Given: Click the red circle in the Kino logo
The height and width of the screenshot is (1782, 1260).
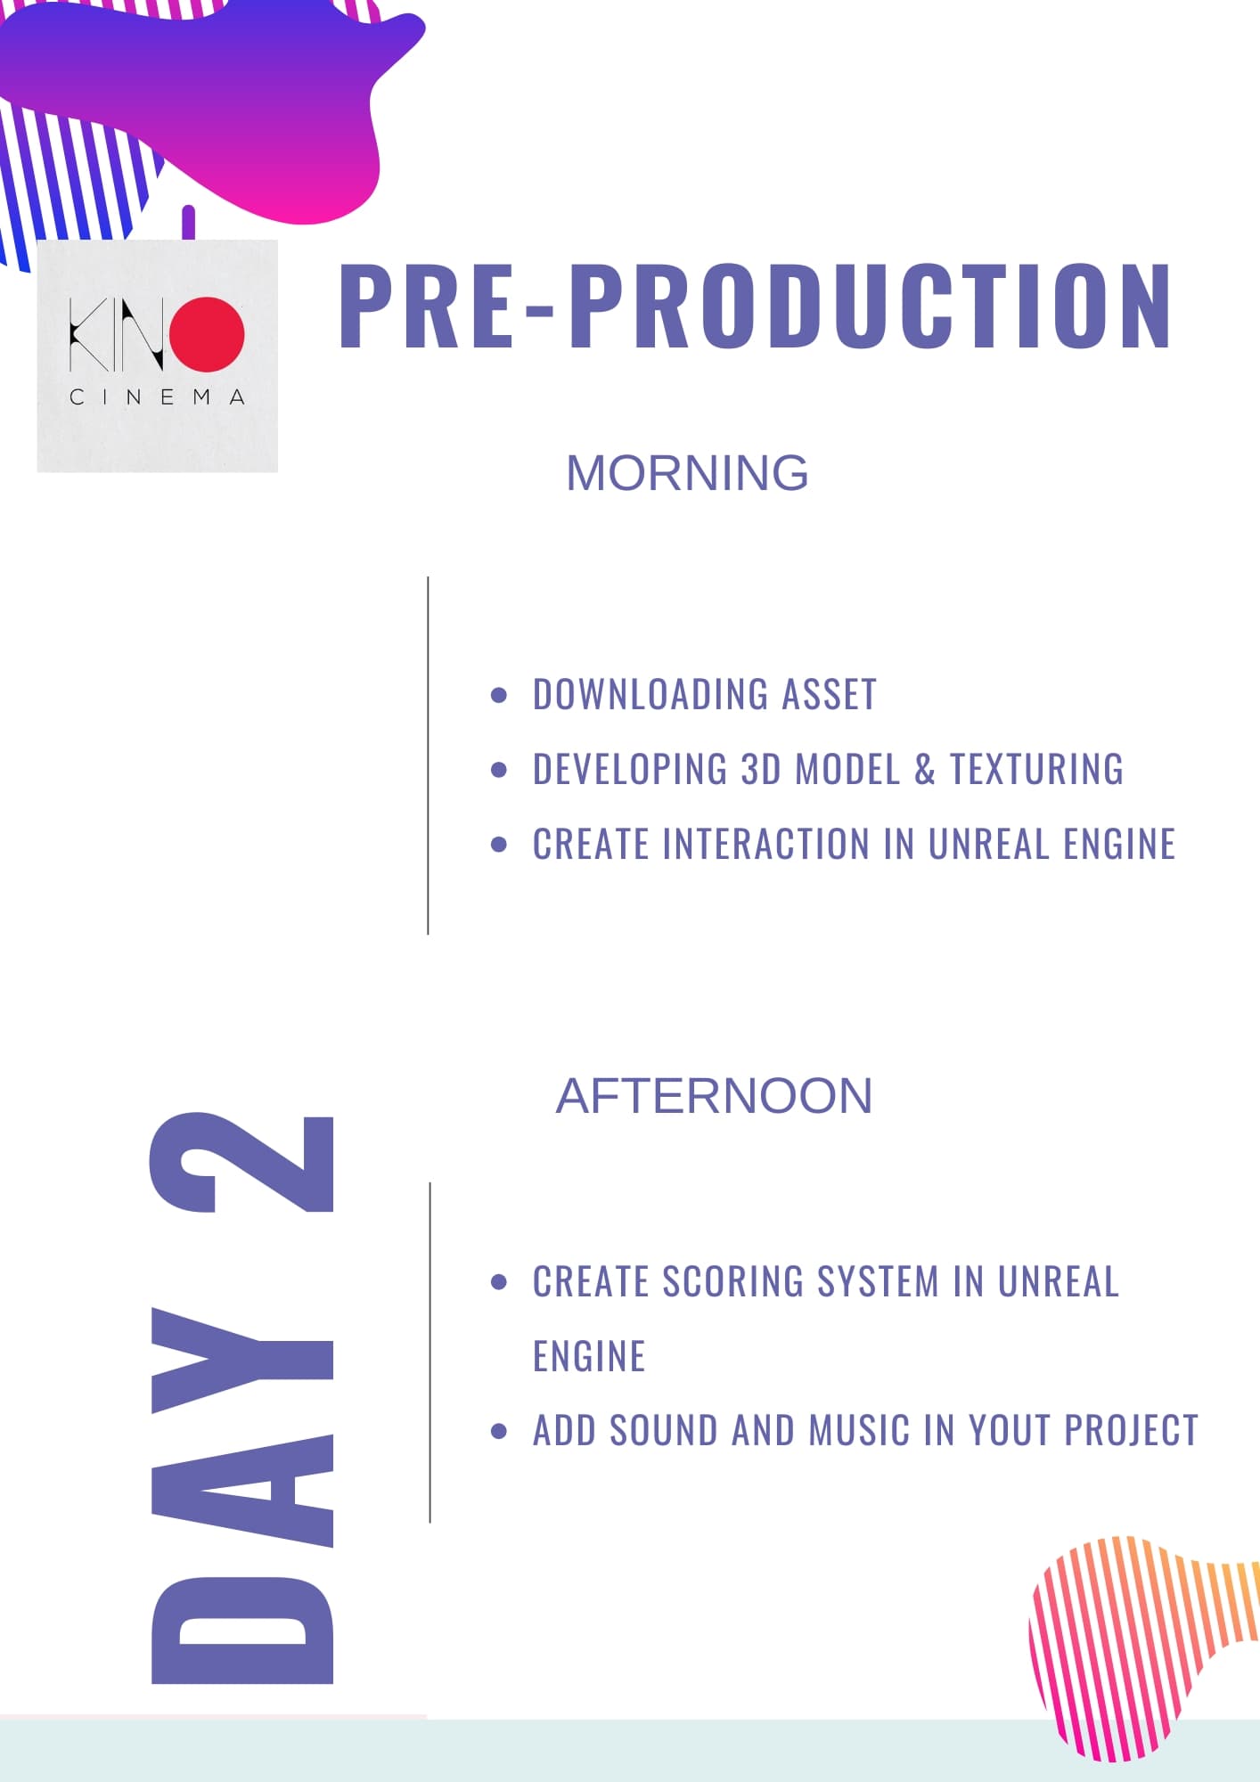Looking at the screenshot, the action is (x=208, y=334).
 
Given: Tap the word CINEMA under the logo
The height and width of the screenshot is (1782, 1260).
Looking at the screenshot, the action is (x=157, y=397).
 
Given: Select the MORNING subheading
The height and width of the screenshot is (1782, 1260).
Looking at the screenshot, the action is (x=687, y=473).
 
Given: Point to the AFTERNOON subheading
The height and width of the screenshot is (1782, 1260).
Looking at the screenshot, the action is (x=714, y=1096).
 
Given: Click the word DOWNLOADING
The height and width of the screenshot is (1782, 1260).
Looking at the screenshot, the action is (x=650, y=695).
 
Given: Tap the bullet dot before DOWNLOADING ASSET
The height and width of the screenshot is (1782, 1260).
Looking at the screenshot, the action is (x=499, y=695).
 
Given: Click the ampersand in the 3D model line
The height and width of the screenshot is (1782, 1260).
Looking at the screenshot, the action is (x=925, y=770).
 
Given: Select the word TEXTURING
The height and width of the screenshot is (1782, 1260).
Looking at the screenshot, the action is (x=1036, y=770).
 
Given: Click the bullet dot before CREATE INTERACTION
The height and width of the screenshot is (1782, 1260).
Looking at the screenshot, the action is (x=499, y=844).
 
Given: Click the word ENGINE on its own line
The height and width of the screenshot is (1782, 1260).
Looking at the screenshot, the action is (x=589, y=1357).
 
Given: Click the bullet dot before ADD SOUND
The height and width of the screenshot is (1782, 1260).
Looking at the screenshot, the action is (x=499, y=1431).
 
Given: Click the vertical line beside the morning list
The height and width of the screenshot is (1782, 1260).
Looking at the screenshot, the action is (x=429, y=756).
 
